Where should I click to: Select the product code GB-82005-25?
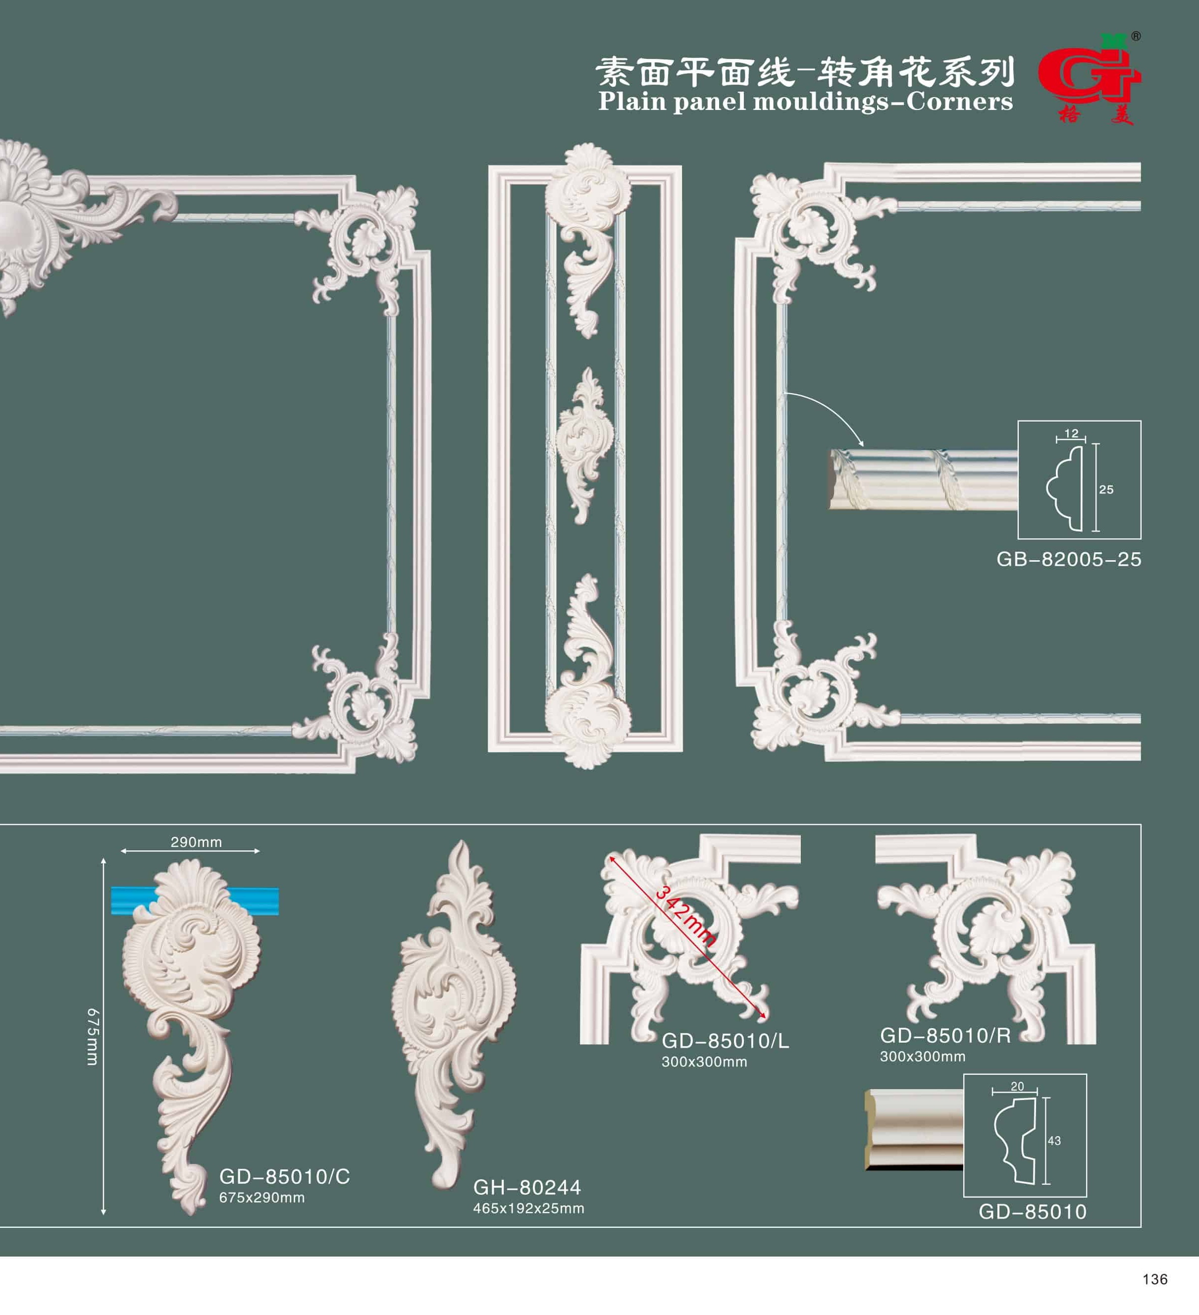pyautogui.click(x=1069, y=559)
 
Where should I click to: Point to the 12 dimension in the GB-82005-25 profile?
pyautogui.click(x=1071, y=433)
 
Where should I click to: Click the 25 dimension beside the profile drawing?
pyautogui.click(x=1106, y=489)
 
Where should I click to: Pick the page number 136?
pyautogui.click(x=1155, y=1279)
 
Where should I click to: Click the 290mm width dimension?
pyautogui.click(x=196, y=842)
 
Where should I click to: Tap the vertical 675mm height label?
pyautogui.click(x=93, y=1037)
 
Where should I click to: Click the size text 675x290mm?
pyautogui.click(x=261, y=1197)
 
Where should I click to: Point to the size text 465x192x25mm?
pyautogui.click(x=528, y=1208)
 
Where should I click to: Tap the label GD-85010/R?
pyautogui.click(x=945, y=1035)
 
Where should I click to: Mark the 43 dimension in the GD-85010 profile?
pyautogui.click(x=1054, y=1140)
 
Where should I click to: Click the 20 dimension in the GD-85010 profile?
pyautogui.click(x=1017, y=1086)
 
